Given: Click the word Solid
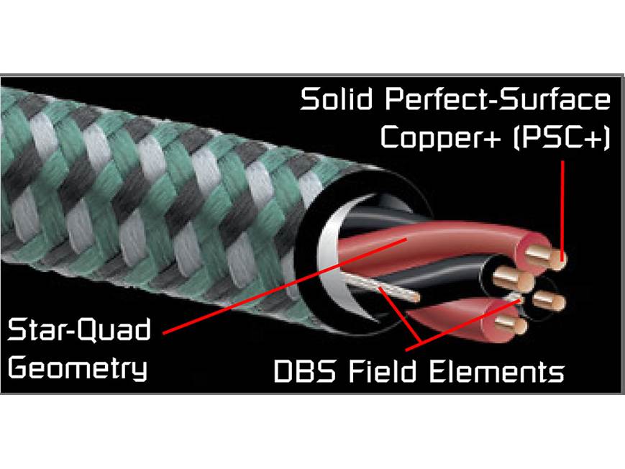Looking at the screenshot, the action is pos(336,99).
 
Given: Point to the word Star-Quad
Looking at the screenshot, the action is pos(79,330).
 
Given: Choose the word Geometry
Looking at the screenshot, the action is pos(78,368).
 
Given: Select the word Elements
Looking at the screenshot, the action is pos(496,371).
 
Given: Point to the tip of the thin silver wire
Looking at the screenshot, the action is pos(417,297).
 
